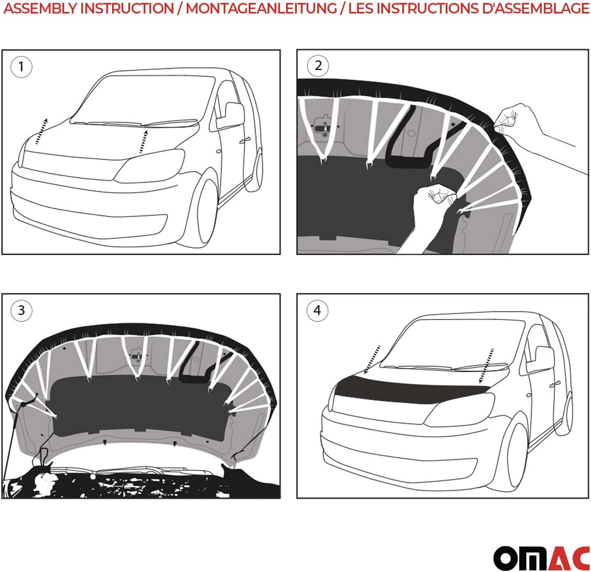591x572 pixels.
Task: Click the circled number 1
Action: click(21, 66)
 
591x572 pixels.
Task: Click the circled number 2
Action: click(318, 65)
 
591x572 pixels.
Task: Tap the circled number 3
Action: click(21, 310)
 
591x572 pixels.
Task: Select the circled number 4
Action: click(317, 310)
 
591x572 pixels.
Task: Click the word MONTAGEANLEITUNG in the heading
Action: click(261, 9)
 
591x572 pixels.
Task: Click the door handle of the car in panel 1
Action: click(243, 141)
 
